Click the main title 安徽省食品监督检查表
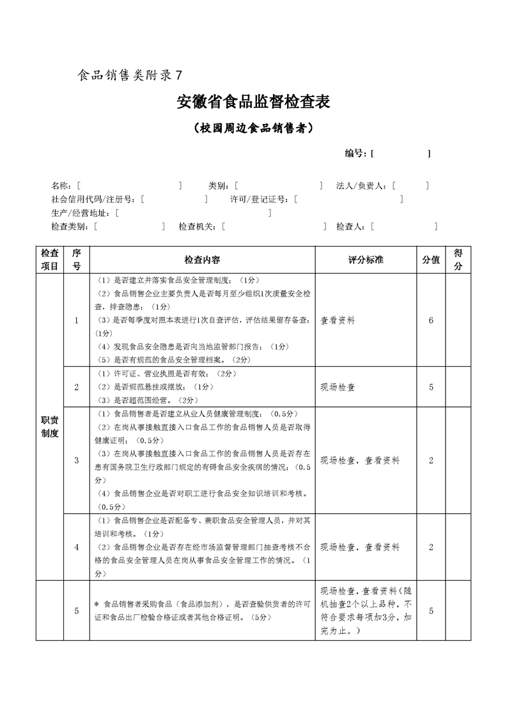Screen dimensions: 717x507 pyautogui.click(x=253, y=102)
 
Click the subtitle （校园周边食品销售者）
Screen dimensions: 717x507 pyautogui.click(x=253, y=128)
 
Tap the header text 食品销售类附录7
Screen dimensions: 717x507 pyautogui.click(x=130, y=75)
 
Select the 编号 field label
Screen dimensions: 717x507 pyautogui.click(x=355, y=153)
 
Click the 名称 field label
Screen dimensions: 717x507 pyautogui.click(x=61, y=186)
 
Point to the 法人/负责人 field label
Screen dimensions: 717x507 pyautogui.click(x=361, y=186)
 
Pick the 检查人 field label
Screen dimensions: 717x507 pyautogui.click(x=350, y=226)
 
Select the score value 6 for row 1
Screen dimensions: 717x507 pyautogui.click(x=431, y=321)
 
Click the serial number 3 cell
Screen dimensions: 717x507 pyautogui.click(x=77, y=460)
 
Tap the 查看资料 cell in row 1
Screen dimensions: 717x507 pyautogui.click(x=338, y=321)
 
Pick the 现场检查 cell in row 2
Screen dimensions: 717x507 pyautogui.click(x=338, y=387)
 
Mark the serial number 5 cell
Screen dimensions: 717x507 pyautogui.click(x=77, y=611)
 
